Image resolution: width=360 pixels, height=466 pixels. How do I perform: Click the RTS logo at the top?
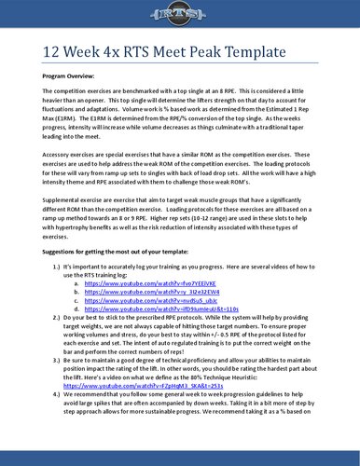pyautogui.click(x=180, y=20)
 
